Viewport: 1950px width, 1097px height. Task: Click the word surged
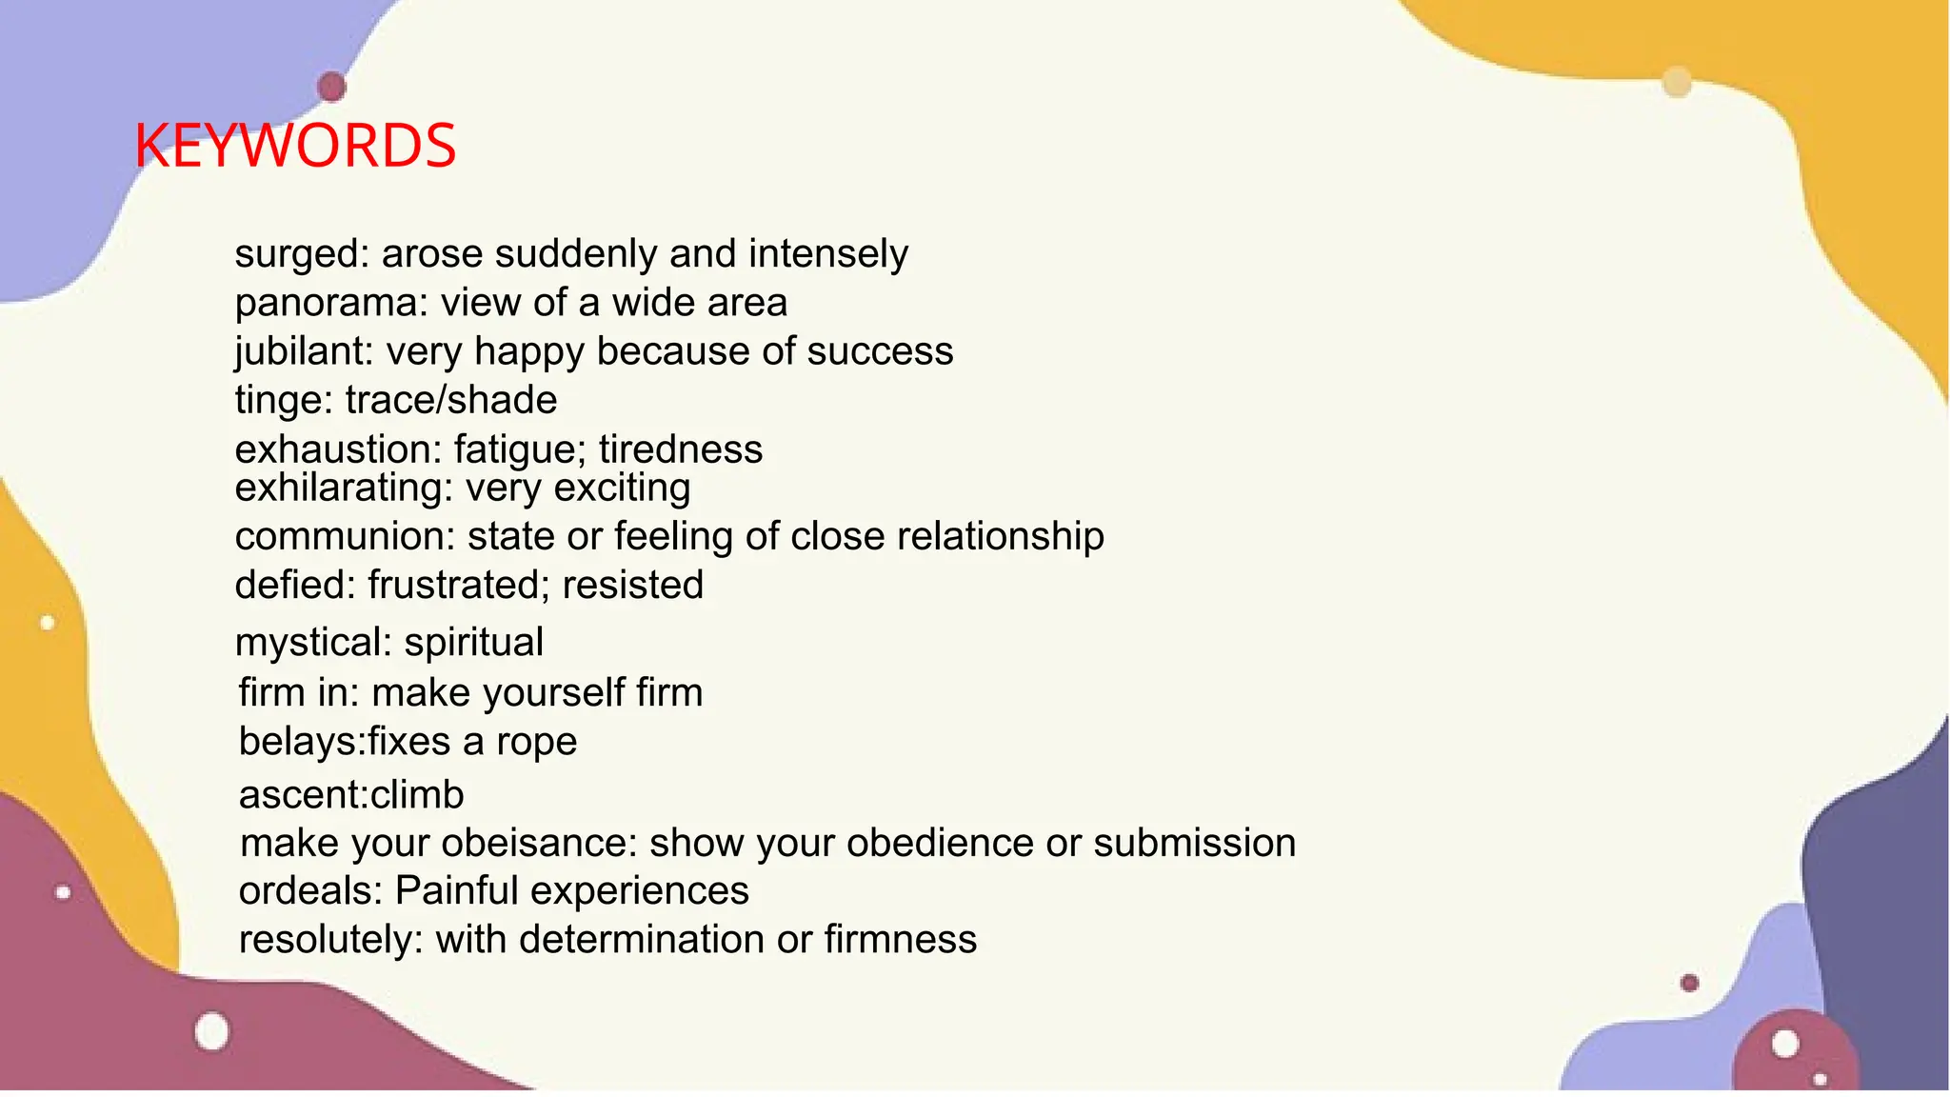point(296,254)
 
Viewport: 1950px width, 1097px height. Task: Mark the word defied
point(290,585)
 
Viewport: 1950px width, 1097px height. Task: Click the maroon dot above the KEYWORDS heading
point(331,87)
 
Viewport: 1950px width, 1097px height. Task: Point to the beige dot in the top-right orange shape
point(1677,82)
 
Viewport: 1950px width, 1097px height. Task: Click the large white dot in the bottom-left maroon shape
point(212,1031)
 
